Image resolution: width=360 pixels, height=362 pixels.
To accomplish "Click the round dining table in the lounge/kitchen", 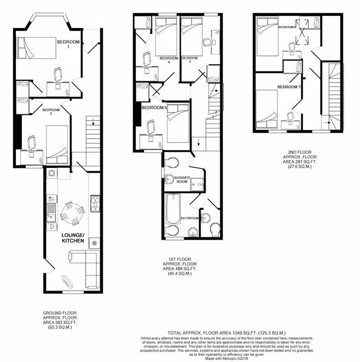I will click(x=72, y=213).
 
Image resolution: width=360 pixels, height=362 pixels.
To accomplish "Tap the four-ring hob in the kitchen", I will click(x=94, y=204).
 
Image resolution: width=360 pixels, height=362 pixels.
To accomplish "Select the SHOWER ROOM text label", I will click(x=181, y=180).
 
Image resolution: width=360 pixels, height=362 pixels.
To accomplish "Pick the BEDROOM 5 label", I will click(x=154, y=107).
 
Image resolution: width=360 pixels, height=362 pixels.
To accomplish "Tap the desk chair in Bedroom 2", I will click(x=31, y=141).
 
